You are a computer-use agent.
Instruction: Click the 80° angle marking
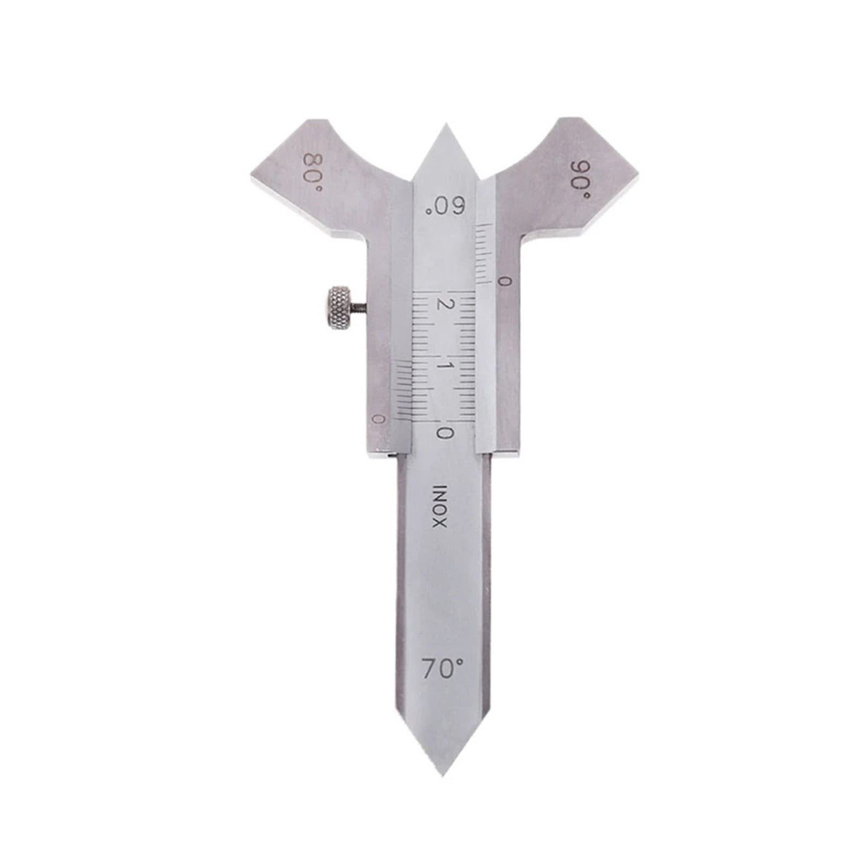click(312, 172)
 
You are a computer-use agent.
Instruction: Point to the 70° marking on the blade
click(443, 670)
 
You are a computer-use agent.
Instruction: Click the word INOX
click(439, 506)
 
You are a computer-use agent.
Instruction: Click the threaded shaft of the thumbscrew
click(358, 309)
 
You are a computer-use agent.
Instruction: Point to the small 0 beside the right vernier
click(504, 281)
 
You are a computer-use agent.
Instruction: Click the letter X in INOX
click(439, 523)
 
